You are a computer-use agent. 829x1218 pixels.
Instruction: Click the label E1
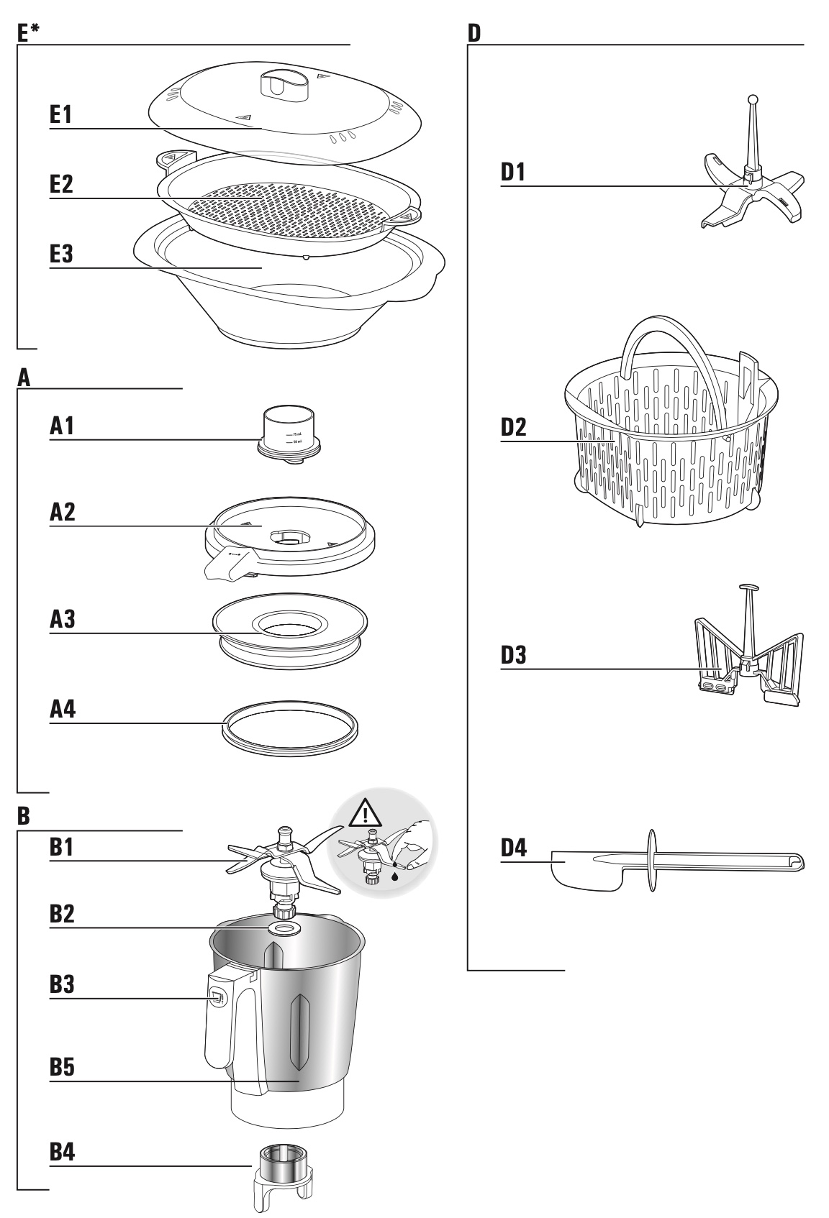point(61,115)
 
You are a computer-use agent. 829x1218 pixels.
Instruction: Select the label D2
point(513,428)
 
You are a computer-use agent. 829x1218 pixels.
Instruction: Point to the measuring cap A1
point(289,433)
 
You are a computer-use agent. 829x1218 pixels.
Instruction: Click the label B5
point(62,1068)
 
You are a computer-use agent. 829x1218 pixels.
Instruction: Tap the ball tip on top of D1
point(753,99)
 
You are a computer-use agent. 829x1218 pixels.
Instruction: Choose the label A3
point(62,619)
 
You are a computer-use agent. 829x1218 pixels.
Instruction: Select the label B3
point(62,986)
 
